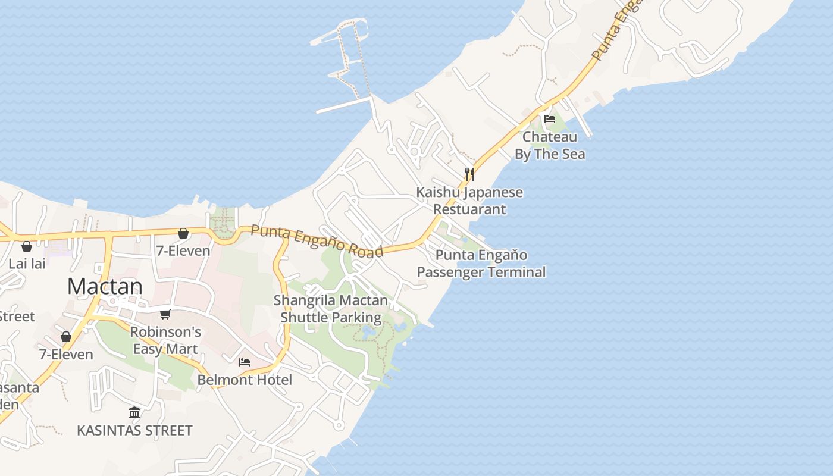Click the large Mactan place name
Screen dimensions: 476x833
pos(105,286)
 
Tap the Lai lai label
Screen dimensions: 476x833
pos(27,263)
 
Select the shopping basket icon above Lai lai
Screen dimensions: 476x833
pos(27,246)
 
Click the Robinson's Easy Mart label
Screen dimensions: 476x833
pos(165,340)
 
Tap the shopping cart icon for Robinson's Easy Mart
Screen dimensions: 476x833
pos(165,314)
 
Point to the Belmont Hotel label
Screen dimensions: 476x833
pos(245,380)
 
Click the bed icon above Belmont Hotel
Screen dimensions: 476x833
pos(245,362)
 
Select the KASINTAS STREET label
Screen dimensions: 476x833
pos(134,430)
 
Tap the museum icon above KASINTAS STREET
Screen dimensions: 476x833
pos(134,412)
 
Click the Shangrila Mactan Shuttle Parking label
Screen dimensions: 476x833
pos(330,309)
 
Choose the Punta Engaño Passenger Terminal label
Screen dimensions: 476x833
pos(481,264)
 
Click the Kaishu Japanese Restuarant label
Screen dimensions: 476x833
pos(469,201)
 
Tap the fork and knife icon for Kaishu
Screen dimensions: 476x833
pos(469,174)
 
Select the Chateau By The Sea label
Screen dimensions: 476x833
pos(550,146)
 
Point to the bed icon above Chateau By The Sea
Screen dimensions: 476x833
pos(550,119)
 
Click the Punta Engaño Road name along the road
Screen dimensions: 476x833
pos(316,240)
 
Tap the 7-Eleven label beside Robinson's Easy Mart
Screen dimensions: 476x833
pos(66,355)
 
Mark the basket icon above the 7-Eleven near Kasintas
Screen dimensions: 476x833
pos(66,337)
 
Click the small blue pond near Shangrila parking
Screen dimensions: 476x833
pos(369,330)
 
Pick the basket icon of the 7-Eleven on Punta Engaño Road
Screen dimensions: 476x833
pos(183,233)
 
